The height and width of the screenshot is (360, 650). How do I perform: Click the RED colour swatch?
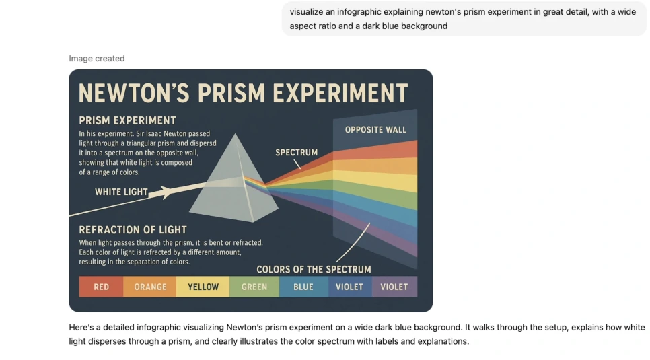(x=101, y=287)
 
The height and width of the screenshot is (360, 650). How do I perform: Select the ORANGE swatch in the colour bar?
(x=150, y=287)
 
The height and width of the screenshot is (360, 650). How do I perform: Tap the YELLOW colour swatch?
(x=203, y=287)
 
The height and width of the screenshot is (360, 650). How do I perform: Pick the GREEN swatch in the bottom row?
(x=254, y=287)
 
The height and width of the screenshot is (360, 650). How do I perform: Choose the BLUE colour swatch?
(x=303, y=287)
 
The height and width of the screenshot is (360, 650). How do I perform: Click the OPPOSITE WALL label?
(x=375, y=129)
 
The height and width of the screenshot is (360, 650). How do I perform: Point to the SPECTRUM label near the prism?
(x=296, y=153)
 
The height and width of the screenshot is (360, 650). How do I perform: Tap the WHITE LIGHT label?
(x=121, y=192)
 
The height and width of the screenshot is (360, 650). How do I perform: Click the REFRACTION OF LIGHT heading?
(x=133, y=229)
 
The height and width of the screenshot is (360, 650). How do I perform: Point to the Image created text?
(x=96, y=59)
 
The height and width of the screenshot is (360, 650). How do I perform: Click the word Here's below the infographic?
(x=81, y=328)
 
